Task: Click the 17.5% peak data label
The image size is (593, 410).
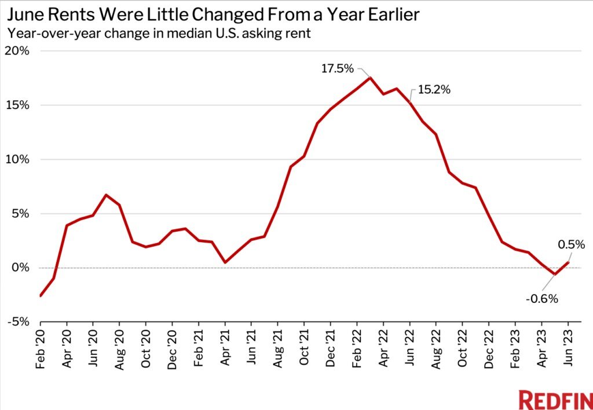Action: pos(337,69)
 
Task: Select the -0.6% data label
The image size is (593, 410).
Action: pos(542,299)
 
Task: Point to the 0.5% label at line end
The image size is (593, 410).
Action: pos(570,244)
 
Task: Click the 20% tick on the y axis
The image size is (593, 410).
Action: pos(17,51)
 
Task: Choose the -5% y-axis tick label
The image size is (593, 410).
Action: pos(18,322)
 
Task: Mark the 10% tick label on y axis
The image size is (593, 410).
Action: pos(17,159)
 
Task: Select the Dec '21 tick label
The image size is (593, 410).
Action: pos(331,347)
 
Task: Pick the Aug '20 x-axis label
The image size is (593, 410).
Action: pos(120,347)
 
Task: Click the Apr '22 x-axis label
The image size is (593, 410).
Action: pos(383,347)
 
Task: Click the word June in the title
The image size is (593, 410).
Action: pos(24,14)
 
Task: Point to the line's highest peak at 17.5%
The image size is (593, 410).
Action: pos(370,78)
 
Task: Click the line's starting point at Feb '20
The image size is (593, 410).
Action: pos(41,296)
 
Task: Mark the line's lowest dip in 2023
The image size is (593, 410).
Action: pos(555,274)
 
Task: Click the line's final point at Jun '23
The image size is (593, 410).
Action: pos(568,262)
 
